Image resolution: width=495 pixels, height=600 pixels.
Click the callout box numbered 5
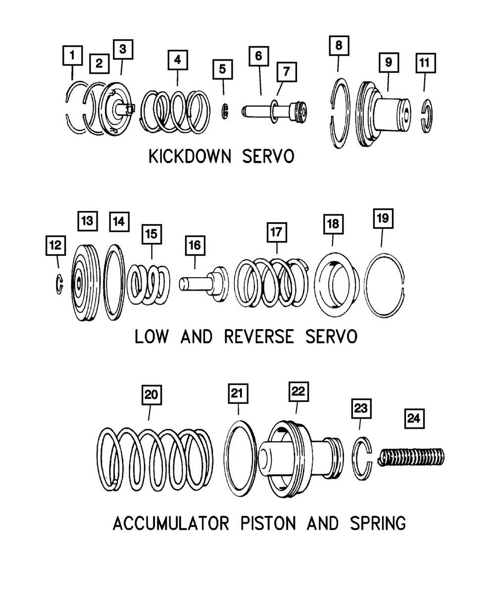pyautogui.click(x=222, y=69)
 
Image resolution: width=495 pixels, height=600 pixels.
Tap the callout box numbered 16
pyautogui.click(x=194, y=245)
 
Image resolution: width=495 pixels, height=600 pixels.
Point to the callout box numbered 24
pyautogui.click(x=413, y=418)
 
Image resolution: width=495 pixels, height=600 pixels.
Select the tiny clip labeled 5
pyautogui.click(x=223, y=110)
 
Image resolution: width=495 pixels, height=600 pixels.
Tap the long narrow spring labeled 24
pyautogui.click(x=411, y=456)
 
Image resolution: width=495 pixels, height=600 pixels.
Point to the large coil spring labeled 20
pyautogui.click(x=154, y=459)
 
